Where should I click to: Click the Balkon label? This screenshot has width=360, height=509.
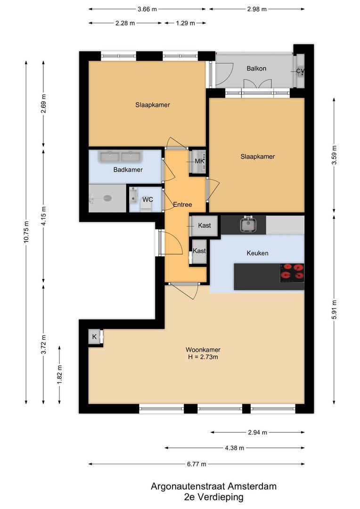pos(256,68)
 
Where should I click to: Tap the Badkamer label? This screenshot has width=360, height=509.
pos(128,170)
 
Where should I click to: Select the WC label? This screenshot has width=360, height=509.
pos(147,199)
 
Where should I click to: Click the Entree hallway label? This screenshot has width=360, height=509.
pos(182,205)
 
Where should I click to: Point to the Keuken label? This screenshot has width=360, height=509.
pos(257,253)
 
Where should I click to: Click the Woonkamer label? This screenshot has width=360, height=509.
pos(203,350)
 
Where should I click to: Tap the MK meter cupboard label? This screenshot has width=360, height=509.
pos(199,161)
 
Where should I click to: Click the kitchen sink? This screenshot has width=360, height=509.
pos(249,224)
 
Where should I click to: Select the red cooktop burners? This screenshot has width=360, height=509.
pos(292,272)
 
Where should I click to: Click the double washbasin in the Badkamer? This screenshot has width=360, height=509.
pos(121,156)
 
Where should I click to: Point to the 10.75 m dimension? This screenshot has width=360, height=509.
pos(26,232)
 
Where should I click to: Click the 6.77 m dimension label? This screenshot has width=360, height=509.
pos(196,464)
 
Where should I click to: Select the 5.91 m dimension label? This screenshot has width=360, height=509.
pos(334,309)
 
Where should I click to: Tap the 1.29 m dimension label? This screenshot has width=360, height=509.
pos(185,23)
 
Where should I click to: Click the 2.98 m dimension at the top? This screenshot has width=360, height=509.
pos(257,9)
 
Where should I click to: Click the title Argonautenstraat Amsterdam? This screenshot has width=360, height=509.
pos(213,486)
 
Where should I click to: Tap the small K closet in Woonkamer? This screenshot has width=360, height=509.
pos(94,337)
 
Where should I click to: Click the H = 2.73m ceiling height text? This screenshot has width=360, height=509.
pos(203,357)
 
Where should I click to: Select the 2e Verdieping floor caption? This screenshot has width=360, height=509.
pos(213,497)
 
